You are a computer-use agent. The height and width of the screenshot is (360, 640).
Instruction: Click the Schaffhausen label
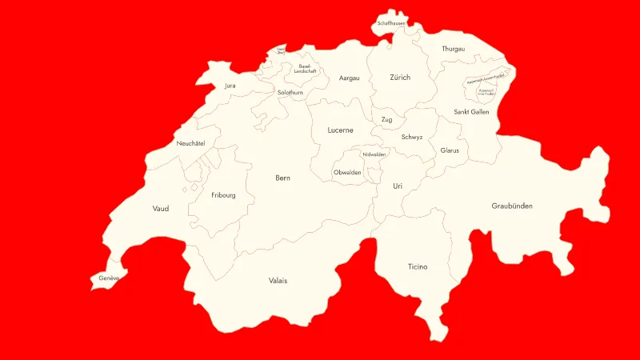point(391,23)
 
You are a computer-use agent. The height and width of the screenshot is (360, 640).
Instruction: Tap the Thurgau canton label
point(453,49)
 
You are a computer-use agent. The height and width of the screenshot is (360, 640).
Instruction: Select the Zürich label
point(400,78)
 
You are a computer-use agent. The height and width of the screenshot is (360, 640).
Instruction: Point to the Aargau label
point(349,78)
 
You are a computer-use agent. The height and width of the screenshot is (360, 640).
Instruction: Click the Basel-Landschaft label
point(306,69)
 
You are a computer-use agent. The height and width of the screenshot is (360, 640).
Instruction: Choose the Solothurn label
point(290,93)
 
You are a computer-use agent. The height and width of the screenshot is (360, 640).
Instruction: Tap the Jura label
point(230,85)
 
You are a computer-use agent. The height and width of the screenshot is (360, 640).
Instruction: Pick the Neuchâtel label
point(191,143)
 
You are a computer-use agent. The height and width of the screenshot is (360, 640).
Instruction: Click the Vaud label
point(161,209)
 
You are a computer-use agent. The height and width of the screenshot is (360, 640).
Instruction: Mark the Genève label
point(109,278)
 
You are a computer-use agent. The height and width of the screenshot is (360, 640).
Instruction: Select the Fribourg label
point(223,195)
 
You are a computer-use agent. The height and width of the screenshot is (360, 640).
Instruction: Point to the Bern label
point(282,178)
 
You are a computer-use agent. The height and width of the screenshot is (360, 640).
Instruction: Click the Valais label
point(278,281)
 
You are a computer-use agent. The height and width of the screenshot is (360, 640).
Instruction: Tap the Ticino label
point(418,266)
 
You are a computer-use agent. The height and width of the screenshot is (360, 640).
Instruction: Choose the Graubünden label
point(512,206)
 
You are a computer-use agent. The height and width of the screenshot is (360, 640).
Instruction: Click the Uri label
point(398,186)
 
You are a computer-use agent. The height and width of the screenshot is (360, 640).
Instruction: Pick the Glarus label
point(450,150)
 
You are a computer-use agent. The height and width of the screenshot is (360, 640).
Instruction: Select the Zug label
point(386,120)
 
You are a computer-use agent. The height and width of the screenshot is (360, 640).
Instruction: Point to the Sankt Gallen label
point(471,112)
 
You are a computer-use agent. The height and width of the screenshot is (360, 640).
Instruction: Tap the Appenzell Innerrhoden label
point(486,93)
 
